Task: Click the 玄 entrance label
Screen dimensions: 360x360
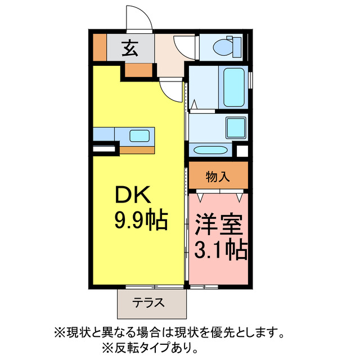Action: [x=130, y=49]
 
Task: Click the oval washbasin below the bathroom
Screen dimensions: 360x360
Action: [x=209, y=150]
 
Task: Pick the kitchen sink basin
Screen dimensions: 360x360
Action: [x=139, y=135]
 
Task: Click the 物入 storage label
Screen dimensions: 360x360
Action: [x=218, y=177]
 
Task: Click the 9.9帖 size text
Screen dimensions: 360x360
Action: [x=141, y=220]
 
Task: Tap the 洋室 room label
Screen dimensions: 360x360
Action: [x=219, y=225]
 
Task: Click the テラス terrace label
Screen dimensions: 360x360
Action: [x=149, y=303]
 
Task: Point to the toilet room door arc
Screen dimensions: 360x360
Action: [x=183, y=46]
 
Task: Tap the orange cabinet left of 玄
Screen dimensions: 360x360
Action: [x=99, y=49]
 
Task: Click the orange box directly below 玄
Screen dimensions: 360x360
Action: [x=138, y=70]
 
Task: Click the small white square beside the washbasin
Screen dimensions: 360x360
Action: [x=242, y=151]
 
